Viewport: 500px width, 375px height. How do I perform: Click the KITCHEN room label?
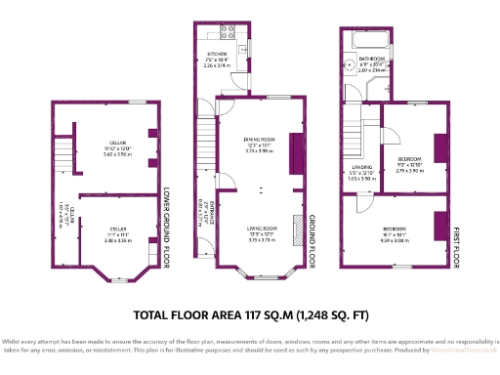[216, 54]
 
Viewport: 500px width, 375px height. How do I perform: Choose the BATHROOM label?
[371, 59]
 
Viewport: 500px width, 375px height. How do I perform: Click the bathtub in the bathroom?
[364, 39]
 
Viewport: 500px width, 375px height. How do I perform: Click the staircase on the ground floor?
[204, 146]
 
